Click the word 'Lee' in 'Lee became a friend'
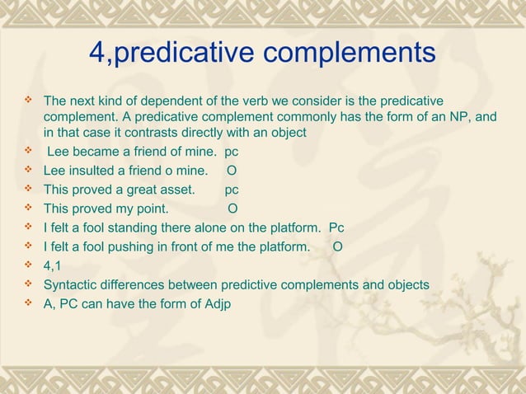click(59, 152)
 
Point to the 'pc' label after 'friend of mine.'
click(232, 152)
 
